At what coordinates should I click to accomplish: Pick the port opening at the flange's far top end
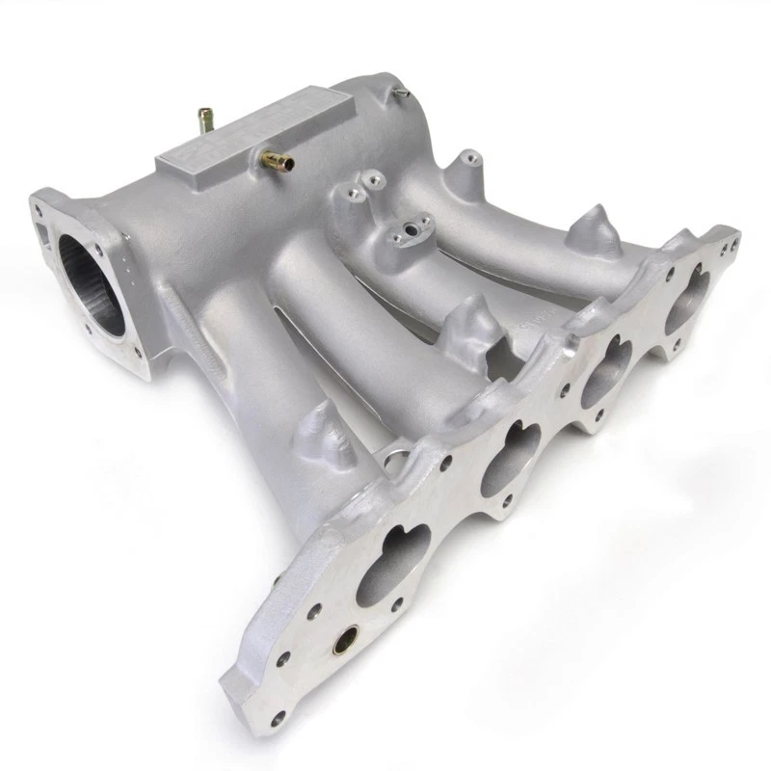click(x=687, y=292)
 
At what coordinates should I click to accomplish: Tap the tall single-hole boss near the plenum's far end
click(x=466, y=164)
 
